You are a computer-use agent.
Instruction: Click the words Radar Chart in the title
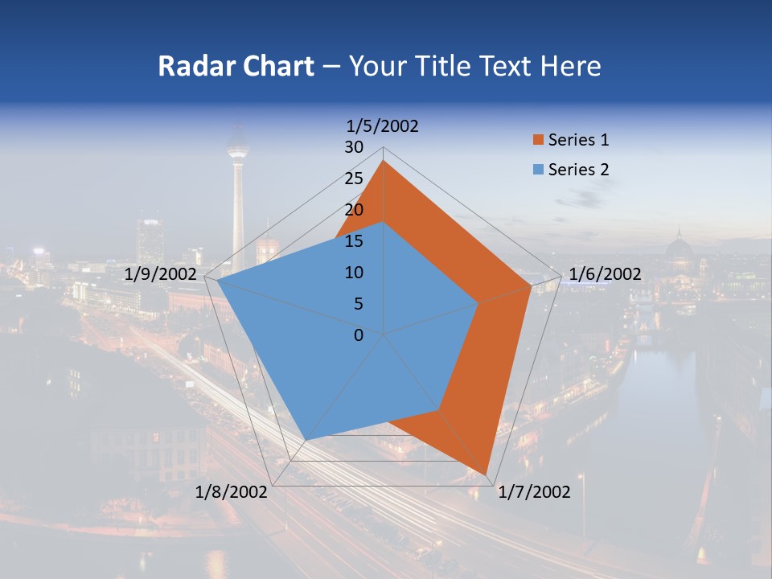236,66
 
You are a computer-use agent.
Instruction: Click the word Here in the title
571,66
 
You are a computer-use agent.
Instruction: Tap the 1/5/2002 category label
382,126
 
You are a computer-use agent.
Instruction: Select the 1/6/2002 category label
604,274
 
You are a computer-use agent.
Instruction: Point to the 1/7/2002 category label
534,492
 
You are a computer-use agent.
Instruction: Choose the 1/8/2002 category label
231,492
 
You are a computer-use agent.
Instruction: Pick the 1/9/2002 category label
161,274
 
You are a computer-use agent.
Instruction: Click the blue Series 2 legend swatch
538,170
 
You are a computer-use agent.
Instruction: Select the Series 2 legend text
578,170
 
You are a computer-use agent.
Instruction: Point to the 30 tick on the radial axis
354,147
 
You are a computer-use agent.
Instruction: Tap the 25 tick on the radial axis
354,179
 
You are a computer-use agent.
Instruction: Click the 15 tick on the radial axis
354,241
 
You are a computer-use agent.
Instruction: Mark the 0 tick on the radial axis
359,335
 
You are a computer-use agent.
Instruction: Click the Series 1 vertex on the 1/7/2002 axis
487,474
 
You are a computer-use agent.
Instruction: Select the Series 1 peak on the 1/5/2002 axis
384,161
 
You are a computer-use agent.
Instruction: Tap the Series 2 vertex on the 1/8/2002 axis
305,440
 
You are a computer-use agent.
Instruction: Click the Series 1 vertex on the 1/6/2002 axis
532,285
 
